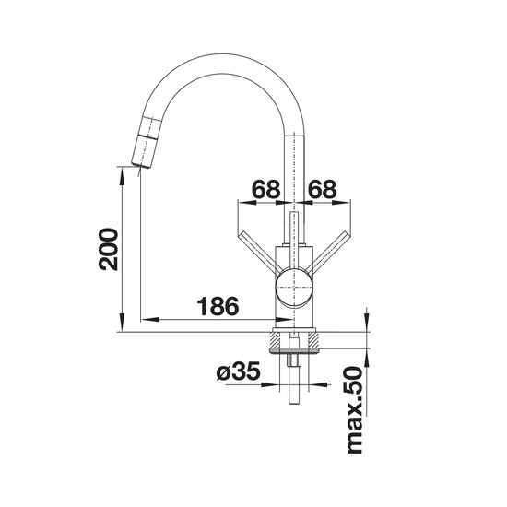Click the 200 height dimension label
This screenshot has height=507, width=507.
[x=108, y=249]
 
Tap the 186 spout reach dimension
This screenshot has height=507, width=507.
[x=218, y=306]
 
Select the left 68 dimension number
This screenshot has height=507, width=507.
[x=265, y=189]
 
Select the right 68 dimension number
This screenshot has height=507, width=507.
[x=323, y=189]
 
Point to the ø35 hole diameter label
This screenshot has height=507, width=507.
[x=239, y=371]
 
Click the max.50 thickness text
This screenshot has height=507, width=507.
[x=354, y=410]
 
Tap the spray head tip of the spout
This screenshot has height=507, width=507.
[x=141, y=165]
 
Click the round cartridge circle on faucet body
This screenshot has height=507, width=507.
[x=294, y=287]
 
